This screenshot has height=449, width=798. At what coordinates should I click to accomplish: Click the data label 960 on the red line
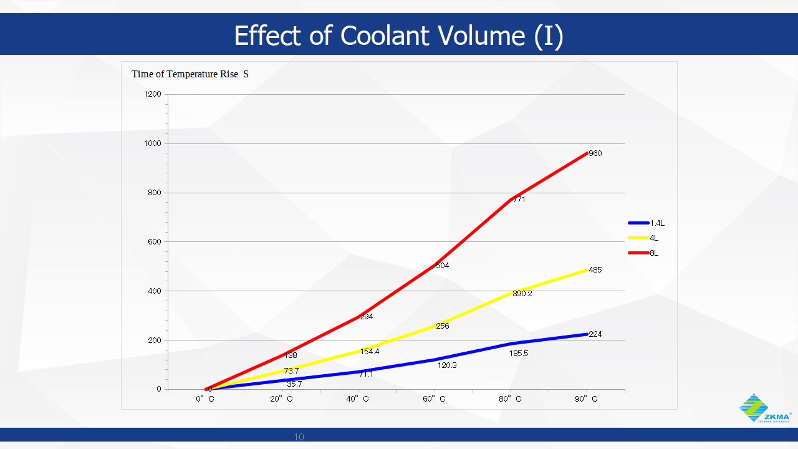[x=595, y=153]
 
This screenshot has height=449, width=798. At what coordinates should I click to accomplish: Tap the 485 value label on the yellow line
[x=595, y=270]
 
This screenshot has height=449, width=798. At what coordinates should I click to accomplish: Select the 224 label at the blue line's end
[x=595, y=334]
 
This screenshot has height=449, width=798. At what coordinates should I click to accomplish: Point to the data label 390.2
[x=522, y=294]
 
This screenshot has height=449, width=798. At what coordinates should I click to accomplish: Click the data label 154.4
[x=370, y=352]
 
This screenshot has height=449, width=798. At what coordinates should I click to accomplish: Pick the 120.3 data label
[x=447, y=365]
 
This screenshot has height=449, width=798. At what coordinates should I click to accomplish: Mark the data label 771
[x=519, y=200]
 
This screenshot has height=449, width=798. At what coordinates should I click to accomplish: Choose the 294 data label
[x=367, y=317]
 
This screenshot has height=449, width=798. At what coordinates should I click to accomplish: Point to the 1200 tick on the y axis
[x=153, y=95]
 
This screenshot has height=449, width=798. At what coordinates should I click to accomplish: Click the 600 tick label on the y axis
[x=155, y=242]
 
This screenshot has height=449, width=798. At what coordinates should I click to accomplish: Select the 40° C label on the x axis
[x=358, y=399]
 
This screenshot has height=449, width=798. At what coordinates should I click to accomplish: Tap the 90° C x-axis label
[x=587, y=399]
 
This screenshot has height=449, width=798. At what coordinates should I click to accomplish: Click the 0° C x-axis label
[x=205, y=399]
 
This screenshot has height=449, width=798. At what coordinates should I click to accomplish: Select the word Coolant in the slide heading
[x=380, y=36]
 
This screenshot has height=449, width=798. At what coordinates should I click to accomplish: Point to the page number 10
[x=299, y=437]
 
